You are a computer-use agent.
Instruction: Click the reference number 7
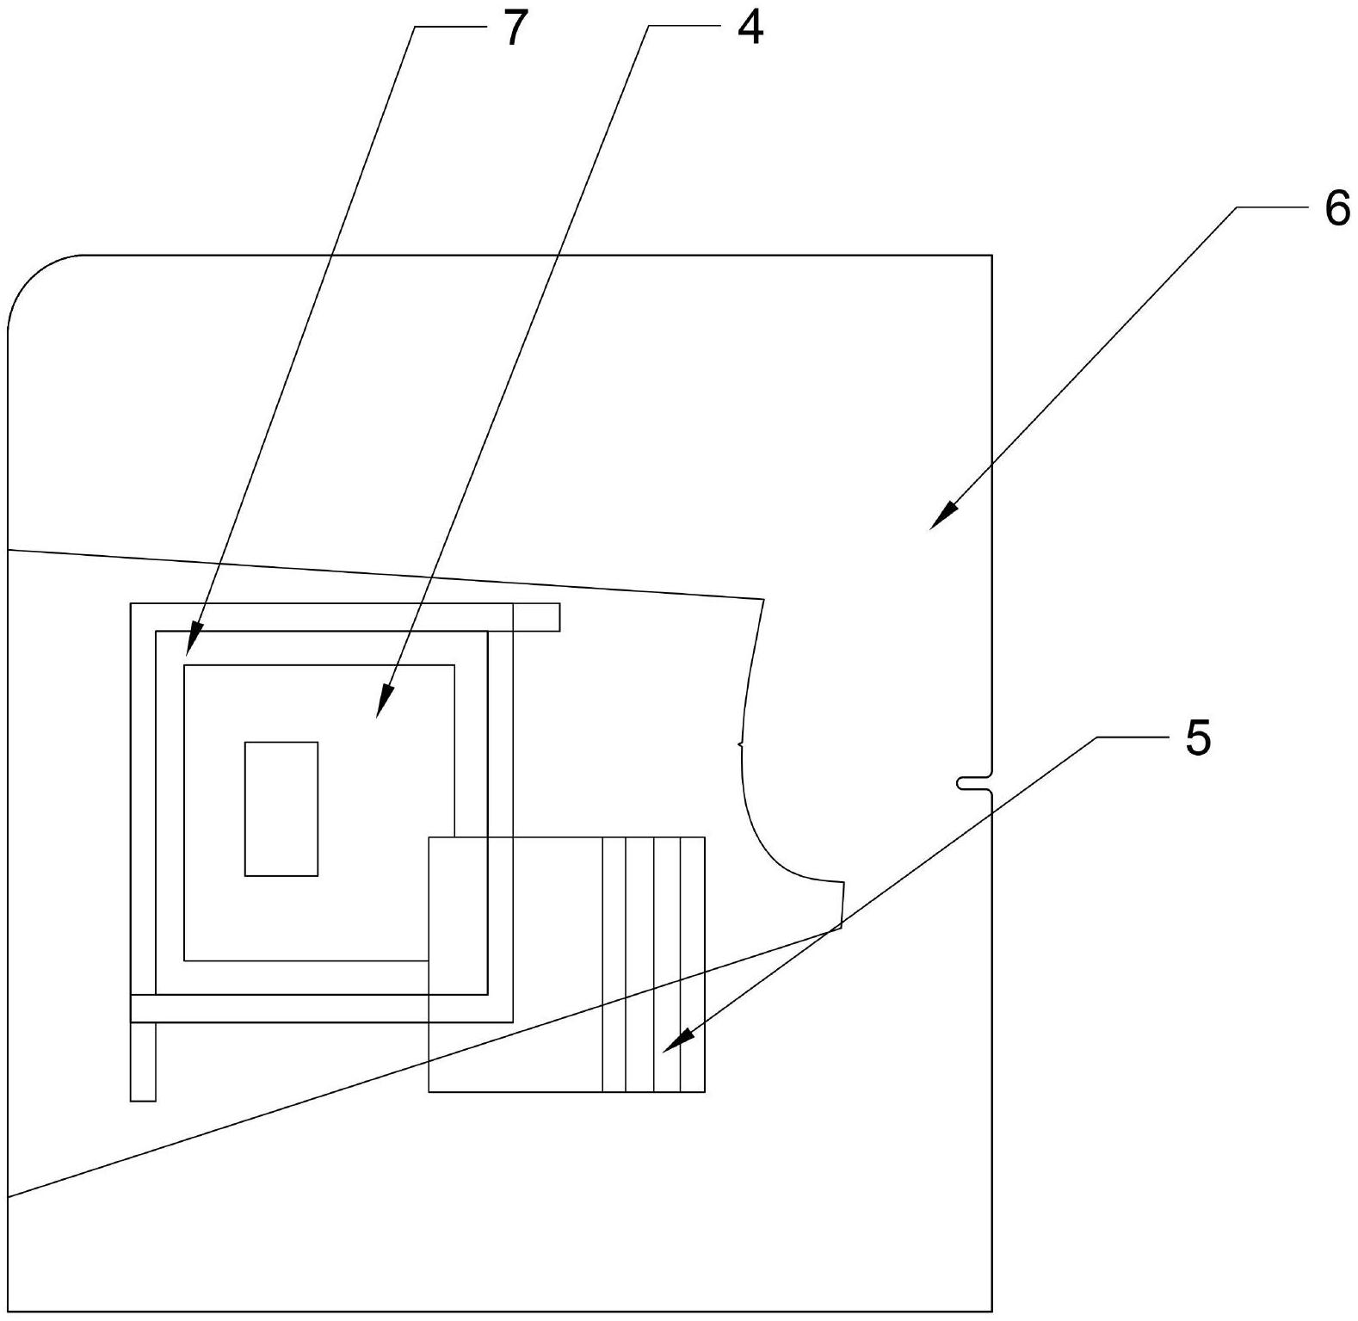514,30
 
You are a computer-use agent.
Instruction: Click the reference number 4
750,29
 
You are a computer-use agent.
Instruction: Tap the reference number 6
1336,209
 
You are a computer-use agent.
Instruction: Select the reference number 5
1197,738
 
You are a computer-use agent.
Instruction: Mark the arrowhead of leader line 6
939,522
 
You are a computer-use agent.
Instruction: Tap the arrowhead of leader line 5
670,1047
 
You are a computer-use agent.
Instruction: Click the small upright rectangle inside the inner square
281,809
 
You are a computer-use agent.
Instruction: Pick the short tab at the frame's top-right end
536,617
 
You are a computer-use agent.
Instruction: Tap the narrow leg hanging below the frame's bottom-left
143,1061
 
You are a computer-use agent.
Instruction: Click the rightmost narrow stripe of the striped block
693,964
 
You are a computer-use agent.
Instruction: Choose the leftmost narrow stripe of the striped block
614,964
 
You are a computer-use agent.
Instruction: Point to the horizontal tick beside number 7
448,28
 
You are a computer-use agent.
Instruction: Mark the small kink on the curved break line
740,744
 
